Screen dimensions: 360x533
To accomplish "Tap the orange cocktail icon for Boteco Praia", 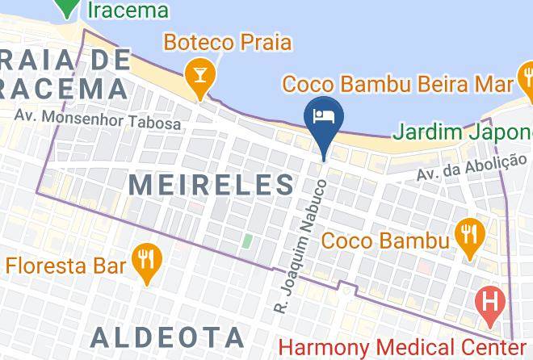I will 196,77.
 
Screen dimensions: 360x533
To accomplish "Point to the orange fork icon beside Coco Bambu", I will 468,235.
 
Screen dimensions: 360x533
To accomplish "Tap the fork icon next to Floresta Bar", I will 146,259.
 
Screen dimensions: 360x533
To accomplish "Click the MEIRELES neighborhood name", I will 212,184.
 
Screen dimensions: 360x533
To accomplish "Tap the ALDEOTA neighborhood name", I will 167,337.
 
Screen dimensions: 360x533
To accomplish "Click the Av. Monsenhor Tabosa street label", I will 98,119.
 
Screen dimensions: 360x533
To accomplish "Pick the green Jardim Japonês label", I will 464,132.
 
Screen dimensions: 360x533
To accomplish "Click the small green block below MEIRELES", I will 247,241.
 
